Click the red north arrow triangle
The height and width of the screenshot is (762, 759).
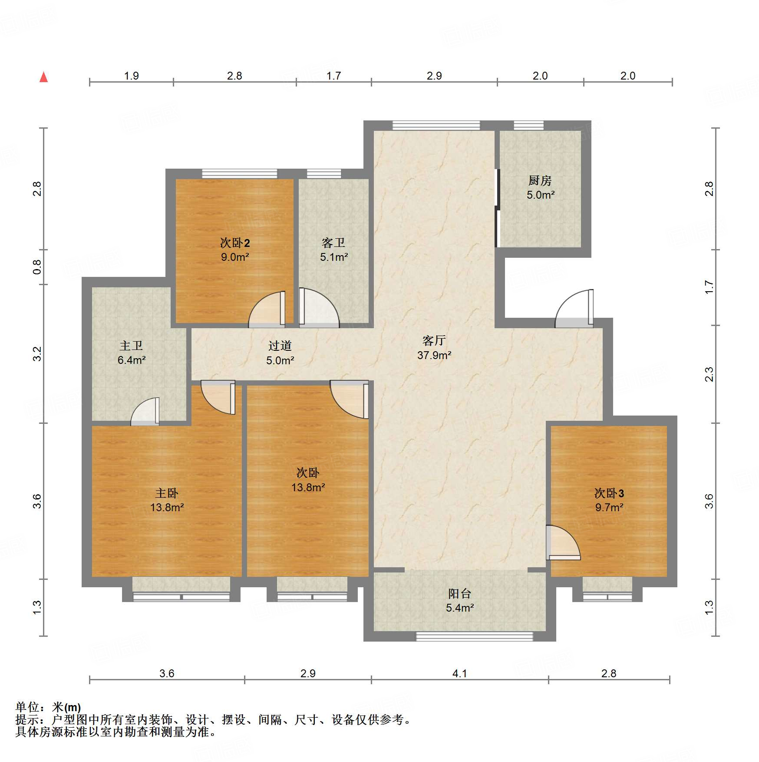[43, 77]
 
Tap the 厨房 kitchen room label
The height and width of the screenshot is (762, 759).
[540, 180]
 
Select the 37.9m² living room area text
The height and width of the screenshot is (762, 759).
[434, 355]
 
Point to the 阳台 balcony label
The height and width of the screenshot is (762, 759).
[459, 593]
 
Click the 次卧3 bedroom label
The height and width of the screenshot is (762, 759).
[609, 493]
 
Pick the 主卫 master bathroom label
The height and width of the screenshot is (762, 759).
[131, 346]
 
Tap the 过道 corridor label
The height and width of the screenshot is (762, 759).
[280, 346]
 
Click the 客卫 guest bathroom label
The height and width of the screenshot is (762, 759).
[333, 243]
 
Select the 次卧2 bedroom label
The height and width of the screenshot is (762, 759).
[235, 243]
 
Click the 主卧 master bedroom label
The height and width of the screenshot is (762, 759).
[167, 493]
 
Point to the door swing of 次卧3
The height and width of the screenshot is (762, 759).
[563, 542]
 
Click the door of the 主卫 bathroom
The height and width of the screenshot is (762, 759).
[145, 411]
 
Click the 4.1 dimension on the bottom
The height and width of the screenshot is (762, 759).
[460, 673]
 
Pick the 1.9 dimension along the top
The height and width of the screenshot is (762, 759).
[131, 76]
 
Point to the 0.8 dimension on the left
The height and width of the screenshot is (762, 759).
[37, 267]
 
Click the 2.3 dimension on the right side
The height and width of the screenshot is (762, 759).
[709, 374]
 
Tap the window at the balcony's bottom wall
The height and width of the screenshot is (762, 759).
[474, 636]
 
